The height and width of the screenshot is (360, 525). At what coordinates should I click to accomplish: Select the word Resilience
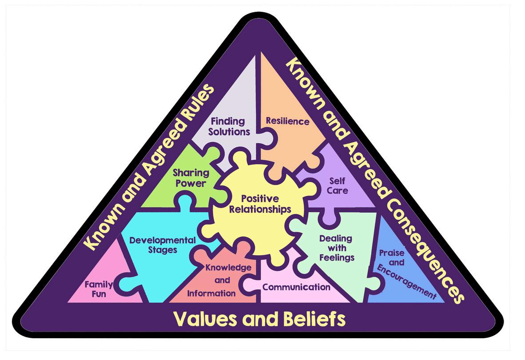tap(287, 121)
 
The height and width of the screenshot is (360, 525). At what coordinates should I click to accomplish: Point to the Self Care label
tap(338, 186)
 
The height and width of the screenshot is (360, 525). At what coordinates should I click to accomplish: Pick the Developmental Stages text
tap(162, 245)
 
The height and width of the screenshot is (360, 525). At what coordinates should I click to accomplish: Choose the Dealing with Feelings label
tap(336, 248)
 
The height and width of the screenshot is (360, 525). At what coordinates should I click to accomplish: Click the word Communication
tap(296, 287)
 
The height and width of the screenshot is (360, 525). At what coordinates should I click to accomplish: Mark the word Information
tap(211, 293)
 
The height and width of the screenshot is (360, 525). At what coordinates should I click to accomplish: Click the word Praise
tap(391, 253)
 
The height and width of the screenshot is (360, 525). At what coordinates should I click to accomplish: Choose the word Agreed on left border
tap(151, 160)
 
